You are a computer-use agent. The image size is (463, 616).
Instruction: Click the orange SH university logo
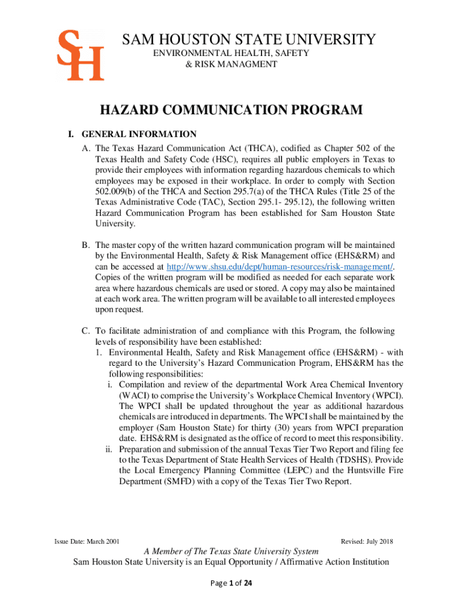click(x=80, y=56)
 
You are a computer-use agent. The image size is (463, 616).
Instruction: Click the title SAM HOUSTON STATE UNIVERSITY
click(x=250, y=40)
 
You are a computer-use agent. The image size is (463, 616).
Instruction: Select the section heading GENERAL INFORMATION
click(x=139, y=134)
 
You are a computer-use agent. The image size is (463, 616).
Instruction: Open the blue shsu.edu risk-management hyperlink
click(x=280, y=266)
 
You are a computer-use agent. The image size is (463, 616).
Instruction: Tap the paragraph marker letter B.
click(x=86, y=245)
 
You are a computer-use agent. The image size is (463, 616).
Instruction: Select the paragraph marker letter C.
click(x=86, y=331)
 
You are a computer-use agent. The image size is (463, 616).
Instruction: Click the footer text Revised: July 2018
click(x=366, y=541)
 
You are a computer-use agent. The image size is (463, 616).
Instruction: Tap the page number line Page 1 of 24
click(x=231, y=582)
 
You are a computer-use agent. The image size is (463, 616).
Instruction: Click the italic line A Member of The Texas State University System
click(x=231, y=552)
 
